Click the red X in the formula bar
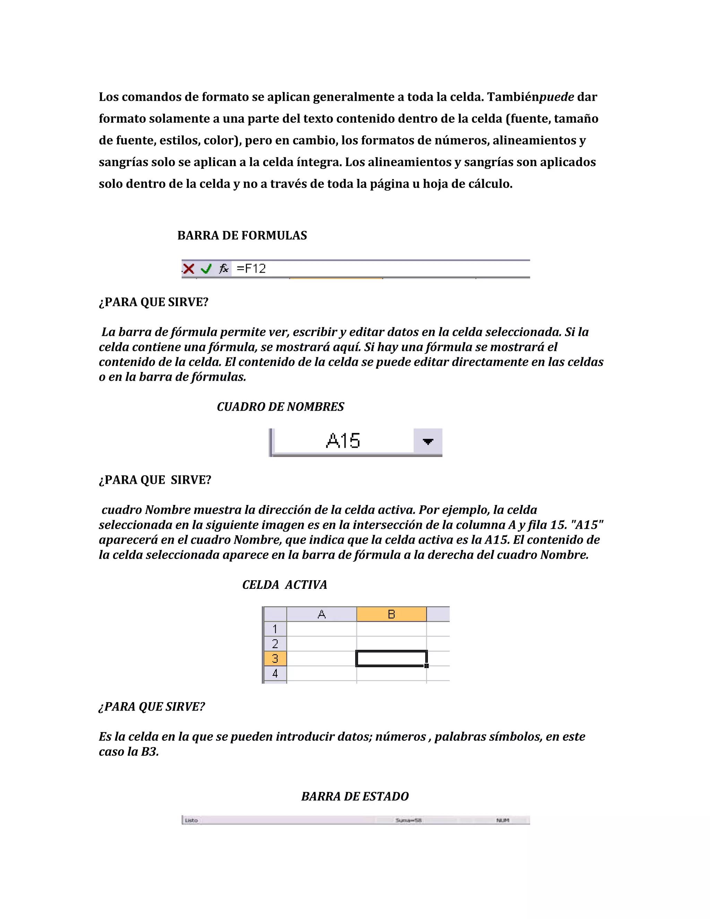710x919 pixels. tap(189, 268)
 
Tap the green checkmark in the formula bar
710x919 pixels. tap(206, 268)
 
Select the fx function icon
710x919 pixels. tap(224, 268)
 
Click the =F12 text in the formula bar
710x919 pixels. tap(251, 268)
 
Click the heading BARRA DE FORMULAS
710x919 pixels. tap(242, 235)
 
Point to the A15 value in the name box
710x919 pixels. tap(343, 441)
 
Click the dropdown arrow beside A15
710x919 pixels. tap(428, 441)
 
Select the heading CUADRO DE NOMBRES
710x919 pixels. tap(280, 407)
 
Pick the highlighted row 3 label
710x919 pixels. tap(275, 659)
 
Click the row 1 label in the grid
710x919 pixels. tap(275, 629)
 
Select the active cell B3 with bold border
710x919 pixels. tap(391, 659)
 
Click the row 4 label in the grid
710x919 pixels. tap(275, 673)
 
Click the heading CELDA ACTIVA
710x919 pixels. tap(284, 585)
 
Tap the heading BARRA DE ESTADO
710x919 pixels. tap(355, 797)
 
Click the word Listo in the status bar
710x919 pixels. tap(191, 820)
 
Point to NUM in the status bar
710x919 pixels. tap(503, 820)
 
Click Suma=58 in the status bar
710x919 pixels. tap(408, 820)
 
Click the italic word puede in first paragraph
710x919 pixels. tap(557, 97)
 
